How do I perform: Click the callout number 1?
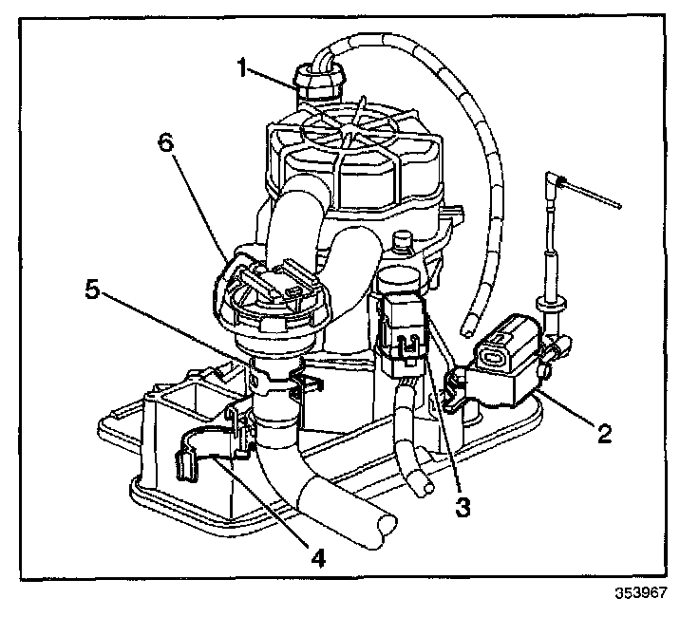click(244, 67)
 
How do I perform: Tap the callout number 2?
click(602, 436)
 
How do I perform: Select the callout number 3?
click(463, 506)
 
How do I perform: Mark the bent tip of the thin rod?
click(559, 180)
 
